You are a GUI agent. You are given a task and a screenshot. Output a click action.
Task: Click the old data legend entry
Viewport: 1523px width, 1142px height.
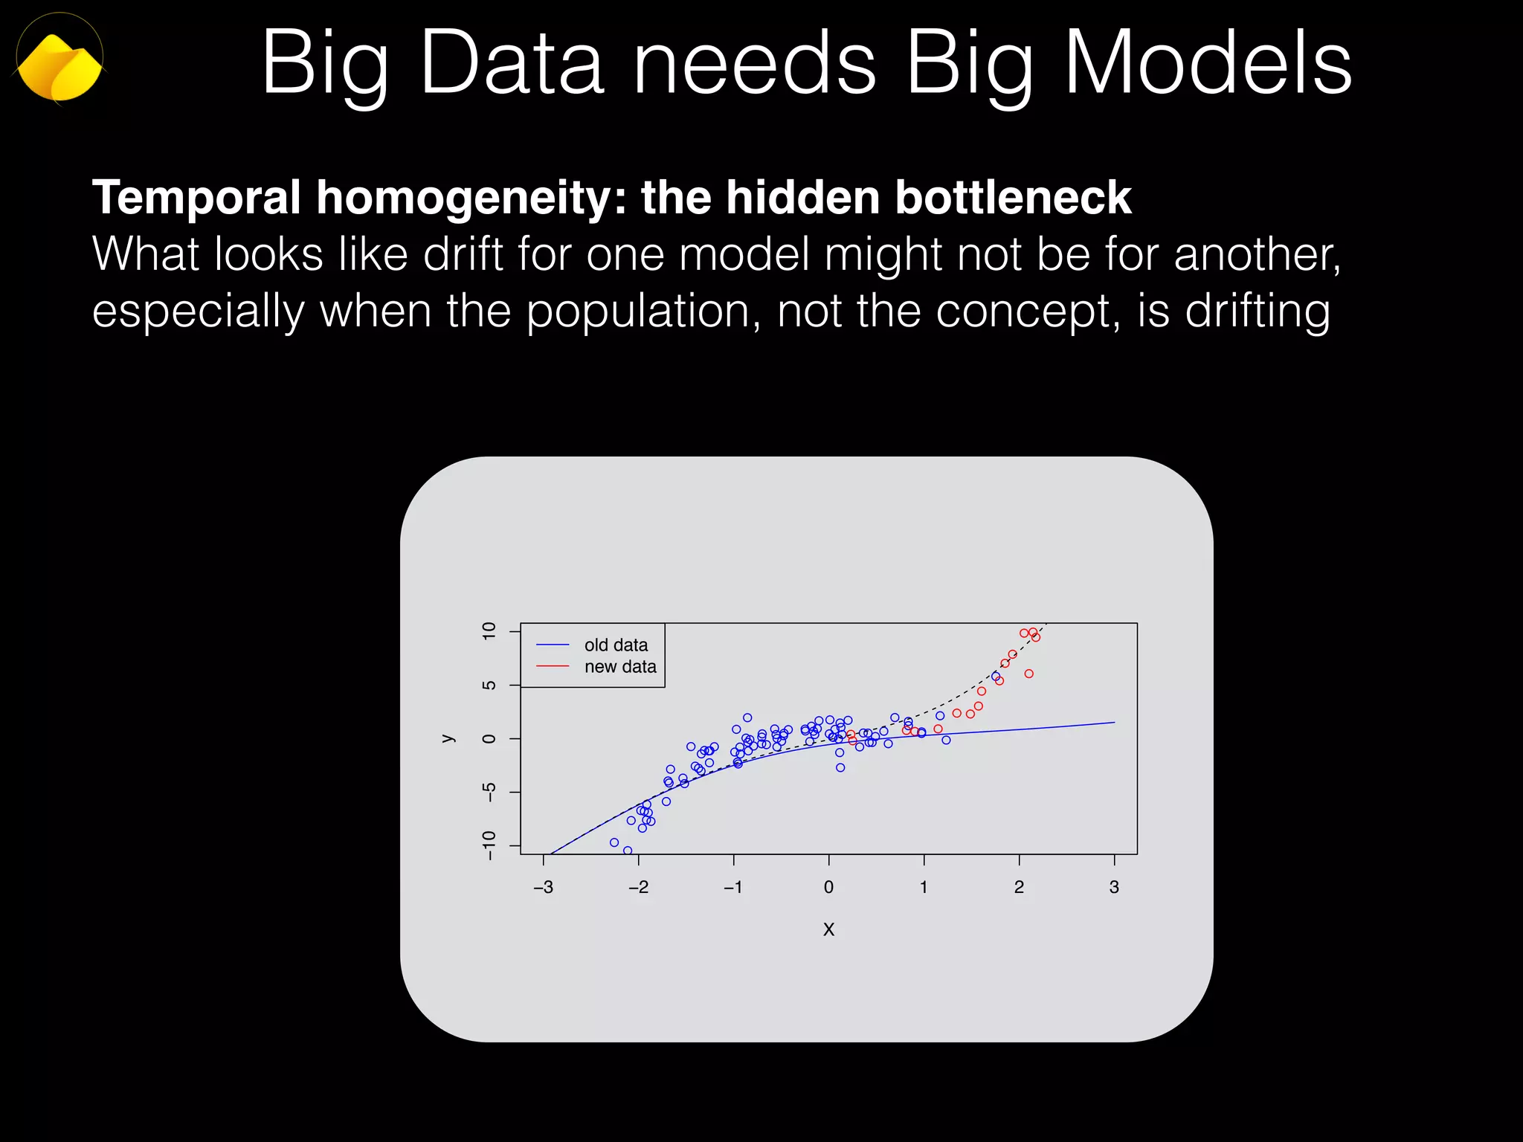tap(615, 645)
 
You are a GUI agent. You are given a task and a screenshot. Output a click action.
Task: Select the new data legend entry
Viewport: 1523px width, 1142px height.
tap(619, 666)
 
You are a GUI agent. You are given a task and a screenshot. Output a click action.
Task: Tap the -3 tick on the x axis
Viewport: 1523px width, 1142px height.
tap(544, 887)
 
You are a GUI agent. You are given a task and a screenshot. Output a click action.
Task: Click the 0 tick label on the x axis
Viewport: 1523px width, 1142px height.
tap(828, 887)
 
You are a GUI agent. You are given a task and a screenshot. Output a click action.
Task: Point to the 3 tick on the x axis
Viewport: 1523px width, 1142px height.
tap(1114, 887)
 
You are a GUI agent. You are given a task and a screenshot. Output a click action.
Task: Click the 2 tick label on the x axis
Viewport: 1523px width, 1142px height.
tap(1019, 887)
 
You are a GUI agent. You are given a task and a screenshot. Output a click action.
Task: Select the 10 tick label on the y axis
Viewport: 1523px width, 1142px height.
tap(489, 631)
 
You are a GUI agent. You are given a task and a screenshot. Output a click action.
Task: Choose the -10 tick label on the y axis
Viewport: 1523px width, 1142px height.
tap(489, 845)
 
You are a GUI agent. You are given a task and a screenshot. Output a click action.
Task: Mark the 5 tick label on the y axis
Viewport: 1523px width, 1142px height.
tap(489, 685)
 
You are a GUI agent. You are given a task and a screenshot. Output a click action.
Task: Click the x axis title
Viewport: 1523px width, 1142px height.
tap(828, 929)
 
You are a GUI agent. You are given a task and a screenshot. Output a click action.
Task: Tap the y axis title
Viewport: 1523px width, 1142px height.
tap(447, 738)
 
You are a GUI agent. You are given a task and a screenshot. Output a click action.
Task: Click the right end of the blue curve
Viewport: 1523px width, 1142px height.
tap(1113, 722)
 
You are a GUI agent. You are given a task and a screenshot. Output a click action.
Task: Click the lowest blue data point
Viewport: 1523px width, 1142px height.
tap(628, 851)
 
